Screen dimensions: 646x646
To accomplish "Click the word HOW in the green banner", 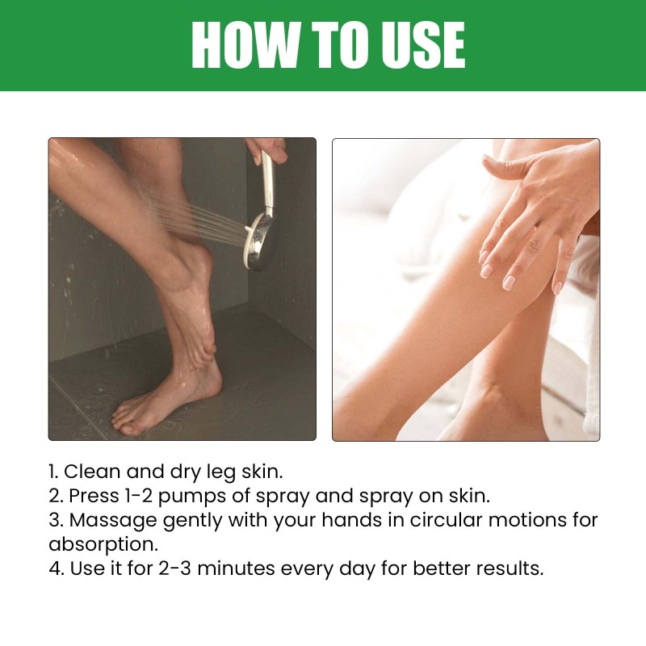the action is [245, 44].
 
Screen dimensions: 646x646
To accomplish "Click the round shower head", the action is [259, 242].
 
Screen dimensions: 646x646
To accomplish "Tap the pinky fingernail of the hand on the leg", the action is [557, 287].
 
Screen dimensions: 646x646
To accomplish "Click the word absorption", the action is [103, 545].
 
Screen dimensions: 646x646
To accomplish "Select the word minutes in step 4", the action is [236, 568].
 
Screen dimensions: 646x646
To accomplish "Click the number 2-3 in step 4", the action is [174, 568].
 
